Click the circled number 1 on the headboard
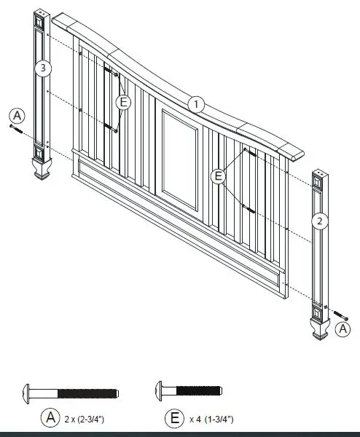click(195, 103)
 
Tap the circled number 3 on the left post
click(44, 68)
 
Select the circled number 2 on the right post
click(318, 219)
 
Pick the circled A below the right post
click(342, 329)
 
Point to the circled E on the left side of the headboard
click(123, 102)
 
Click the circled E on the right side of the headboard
click(217, 176)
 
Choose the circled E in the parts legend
click(175, 418)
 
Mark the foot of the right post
click(318, 332)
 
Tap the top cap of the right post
click(320, 175)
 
